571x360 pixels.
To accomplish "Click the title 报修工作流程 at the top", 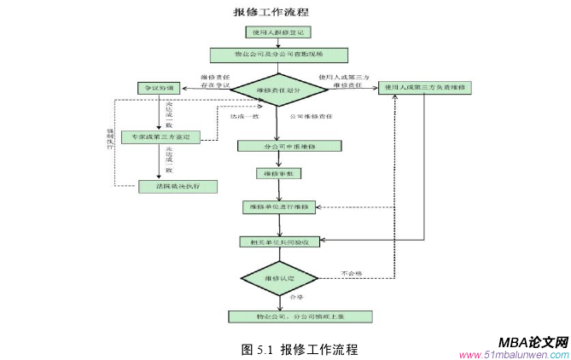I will [271, 12].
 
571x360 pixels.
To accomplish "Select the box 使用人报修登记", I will [278, 33].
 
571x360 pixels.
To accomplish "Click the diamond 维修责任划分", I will [278, 89].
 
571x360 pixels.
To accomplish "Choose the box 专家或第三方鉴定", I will [160, 136].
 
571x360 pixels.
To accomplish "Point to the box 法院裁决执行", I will [166, 186].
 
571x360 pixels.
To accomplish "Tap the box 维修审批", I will [278, 173].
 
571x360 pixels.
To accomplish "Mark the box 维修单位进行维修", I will [280, 206].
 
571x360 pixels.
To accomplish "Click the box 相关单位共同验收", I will [280, 242].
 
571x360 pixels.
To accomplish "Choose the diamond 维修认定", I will [279, 278].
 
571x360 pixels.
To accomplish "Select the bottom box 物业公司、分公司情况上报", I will [300, 316].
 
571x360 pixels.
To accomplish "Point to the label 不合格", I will [352, 273].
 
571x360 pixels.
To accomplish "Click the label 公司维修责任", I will [311, 116].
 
